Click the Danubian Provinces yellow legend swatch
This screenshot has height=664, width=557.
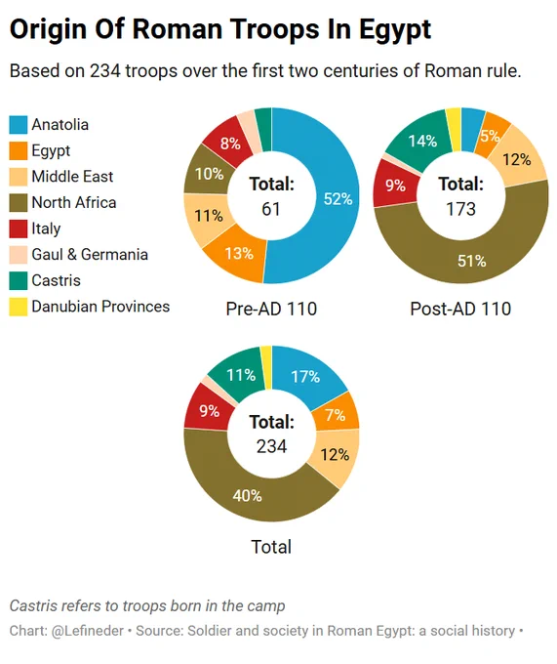19,307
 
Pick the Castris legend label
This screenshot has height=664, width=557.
56,280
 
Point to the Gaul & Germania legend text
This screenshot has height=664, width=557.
90,255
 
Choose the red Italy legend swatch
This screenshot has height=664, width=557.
19,228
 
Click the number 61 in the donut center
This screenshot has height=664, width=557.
270,209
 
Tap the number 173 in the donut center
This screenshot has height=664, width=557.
461,209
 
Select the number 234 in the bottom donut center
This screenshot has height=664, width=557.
271,446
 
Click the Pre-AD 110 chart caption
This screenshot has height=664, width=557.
271,309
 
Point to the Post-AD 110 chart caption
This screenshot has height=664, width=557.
460,309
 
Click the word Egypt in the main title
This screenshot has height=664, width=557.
395,29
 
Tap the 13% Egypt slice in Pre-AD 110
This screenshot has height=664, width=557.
238,255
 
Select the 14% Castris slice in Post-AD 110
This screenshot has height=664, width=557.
418,141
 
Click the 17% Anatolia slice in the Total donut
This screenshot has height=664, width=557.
305,375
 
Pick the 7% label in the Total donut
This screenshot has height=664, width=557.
336,415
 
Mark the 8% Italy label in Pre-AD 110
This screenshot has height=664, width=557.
230,144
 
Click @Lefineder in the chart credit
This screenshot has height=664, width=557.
88,631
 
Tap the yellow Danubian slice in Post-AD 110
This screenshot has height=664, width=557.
454,130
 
